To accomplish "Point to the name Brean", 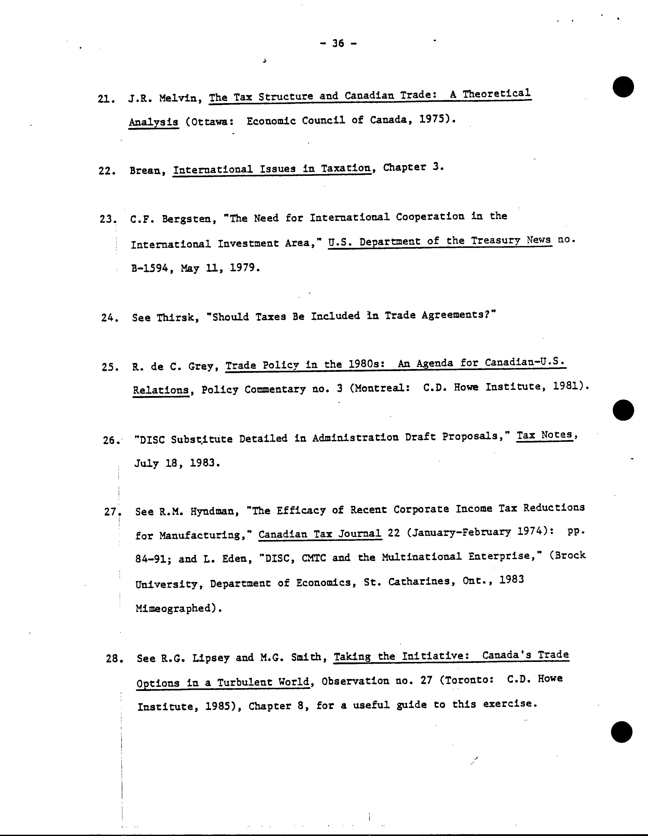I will coord(147,170).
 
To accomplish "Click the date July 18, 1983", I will coord(177,463).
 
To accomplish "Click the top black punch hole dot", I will coord(623,87).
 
